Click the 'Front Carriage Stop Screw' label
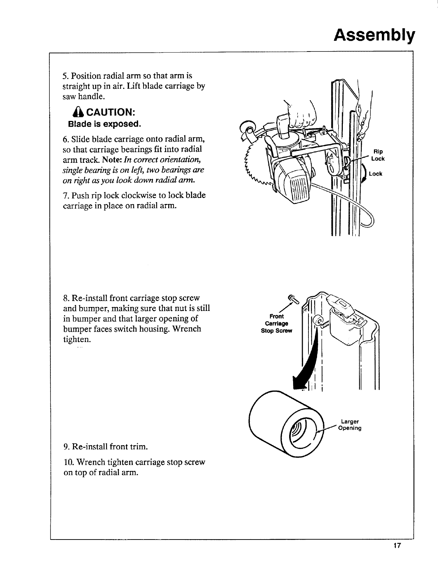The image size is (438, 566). [x=277, y=323]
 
